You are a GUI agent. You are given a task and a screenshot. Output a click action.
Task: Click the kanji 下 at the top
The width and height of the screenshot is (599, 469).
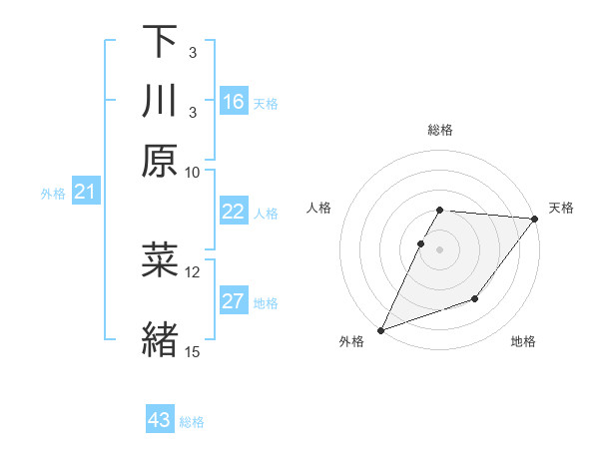coord(159,43)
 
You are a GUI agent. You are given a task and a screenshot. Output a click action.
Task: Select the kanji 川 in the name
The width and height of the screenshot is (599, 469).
coord(159,101)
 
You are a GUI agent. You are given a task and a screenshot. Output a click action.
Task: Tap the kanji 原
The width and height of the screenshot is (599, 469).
coord(159,159)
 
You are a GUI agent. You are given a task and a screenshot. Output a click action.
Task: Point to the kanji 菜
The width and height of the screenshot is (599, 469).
coord(159,258)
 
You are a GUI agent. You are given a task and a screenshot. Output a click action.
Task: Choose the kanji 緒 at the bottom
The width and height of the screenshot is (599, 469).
coord(159,336)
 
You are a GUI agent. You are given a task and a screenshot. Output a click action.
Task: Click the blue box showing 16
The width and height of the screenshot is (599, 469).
coord(234,102)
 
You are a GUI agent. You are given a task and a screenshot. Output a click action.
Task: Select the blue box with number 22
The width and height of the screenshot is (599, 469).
coord(234,212)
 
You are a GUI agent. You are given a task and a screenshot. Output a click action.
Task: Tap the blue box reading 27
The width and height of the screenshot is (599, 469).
coord(234,302)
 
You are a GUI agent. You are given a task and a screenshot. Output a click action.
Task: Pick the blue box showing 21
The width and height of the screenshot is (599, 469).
coord(85,193)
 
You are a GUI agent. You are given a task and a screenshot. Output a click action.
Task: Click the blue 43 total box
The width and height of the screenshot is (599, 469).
coord(160,420)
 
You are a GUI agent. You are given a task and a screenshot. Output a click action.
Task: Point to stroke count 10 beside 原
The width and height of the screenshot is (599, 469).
coord(193,172)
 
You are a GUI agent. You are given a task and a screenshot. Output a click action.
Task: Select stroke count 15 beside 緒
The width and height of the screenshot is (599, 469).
coord(193,350)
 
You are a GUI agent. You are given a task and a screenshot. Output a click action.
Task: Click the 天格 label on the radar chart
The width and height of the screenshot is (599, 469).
coord(561,208)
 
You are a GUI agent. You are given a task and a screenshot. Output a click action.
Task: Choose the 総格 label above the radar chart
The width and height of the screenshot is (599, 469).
coord(440,131)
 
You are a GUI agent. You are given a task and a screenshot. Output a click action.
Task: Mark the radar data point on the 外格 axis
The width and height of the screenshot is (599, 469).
coord(380,330)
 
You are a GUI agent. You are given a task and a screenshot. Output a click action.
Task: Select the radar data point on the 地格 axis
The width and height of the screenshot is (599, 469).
coord(475,298)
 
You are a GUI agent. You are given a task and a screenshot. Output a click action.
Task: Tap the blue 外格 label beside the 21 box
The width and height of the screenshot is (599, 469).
coord(53,194)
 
